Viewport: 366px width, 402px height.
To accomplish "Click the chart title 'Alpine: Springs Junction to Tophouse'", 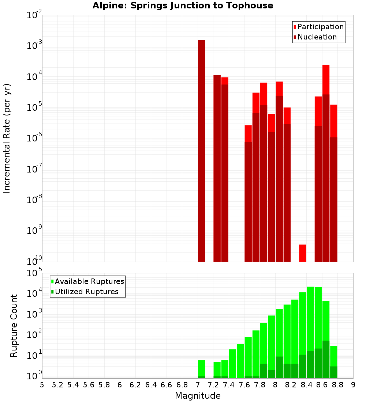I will coord(183,5).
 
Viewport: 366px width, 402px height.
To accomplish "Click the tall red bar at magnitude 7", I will coord(201,146).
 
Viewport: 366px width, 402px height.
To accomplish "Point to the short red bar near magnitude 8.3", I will coord(303,253).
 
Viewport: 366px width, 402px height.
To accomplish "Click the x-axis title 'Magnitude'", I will coord(198,396).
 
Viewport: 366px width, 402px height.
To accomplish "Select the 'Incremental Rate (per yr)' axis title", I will coord(7,138).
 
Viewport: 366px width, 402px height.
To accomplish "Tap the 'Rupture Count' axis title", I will coord(14,325).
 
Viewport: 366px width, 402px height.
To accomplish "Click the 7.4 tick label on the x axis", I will coord(229,384).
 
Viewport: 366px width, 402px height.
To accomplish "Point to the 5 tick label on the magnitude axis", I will coord(42,384).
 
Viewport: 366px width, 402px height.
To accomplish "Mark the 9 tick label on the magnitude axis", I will coord(353,384).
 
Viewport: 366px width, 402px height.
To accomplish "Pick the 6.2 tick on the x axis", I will coord(135,384).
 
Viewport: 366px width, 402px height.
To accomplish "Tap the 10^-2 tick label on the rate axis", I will coord(34,16).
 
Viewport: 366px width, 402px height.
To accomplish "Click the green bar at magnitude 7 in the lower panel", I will coord(201,369).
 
